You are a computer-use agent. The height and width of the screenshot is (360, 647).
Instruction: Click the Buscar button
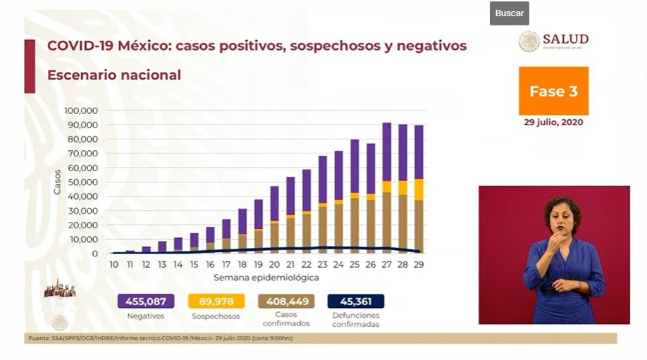pyautogui.click(x=509, y=13)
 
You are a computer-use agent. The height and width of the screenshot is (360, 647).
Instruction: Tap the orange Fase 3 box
pyautogui.click(x=553, y=92)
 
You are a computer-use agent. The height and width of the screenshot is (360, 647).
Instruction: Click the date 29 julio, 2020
pyautogui.click(x=553, y=122)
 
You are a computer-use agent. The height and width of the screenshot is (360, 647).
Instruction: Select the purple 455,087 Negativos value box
pyautogui.click(x=146, y=302)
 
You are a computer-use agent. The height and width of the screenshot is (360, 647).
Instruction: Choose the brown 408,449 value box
pyautogui.click(x=285, y=302)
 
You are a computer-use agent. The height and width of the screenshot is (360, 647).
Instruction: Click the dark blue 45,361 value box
pyautogui.click(x=356, y=302)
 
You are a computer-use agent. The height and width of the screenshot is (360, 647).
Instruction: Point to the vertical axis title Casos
pyautogui.click(x=58, y=182)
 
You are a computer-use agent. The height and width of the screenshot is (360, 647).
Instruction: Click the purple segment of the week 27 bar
pyautogui.click(x=387, y=151)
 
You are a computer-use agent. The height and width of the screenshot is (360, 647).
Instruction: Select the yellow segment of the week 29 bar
pyautogui.click(x=419, y=190)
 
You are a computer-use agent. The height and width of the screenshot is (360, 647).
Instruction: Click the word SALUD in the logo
pyautogui.click(x=565, y=39)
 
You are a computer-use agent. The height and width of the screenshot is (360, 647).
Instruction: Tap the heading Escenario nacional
pyautogui.click(x=114, y=75)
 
